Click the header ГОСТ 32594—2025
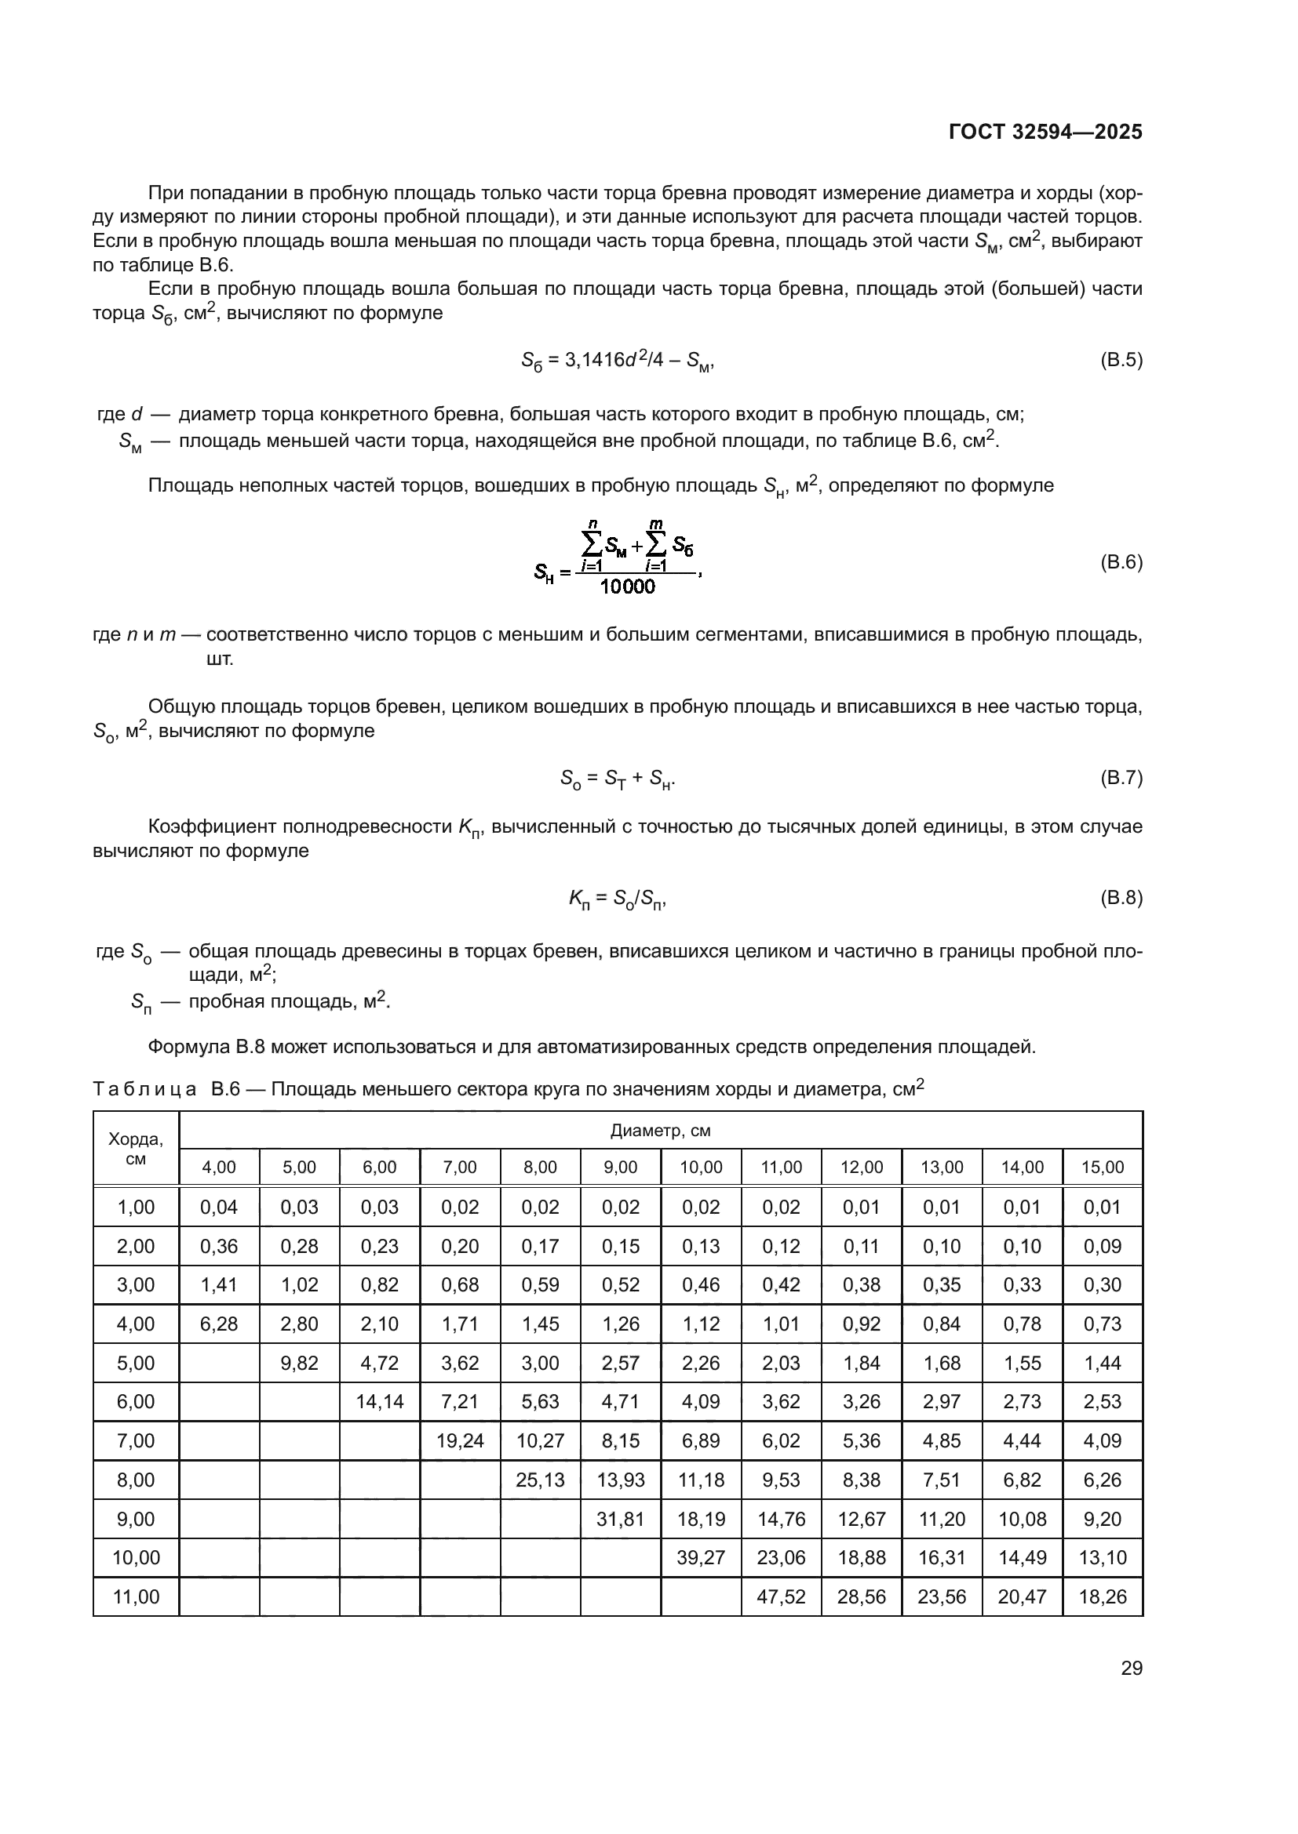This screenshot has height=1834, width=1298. (x=1045, y=133)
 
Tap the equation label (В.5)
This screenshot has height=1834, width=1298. (x=1121, y=359)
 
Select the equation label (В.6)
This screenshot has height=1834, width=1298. (x=1121, y=561)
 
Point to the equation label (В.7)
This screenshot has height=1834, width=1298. (x=1121, y=777)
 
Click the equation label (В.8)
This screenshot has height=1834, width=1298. (x=1121, y=897)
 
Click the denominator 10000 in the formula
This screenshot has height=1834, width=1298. (x=628, y=587)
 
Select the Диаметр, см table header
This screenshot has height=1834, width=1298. (x=660, y=1131)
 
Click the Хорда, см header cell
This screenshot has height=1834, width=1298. (x=136, y=1149)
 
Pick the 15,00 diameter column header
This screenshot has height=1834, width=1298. (x=1102, y=1167)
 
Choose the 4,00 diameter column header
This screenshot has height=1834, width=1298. (x=219, y=1167)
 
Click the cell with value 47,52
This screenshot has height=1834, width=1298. (x=781, y=1596)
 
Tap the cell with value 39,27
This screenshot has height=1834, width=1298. (x=701, y=1557)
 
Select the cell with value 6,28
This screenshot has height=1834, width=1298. (x=219, y=1324)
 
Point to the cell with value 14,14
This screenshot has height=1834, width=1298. (x=380, y=1401)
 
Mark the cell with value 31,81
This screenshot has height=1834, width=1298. (x=620, y=1519)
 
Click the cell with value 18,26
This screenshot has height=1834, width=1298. (x=1102, y=1596)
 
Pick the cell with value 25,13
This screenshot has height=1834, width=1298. (x=540, y=1480)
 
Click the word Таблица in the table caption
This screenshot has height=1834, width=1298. (x=144, y=1090)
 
